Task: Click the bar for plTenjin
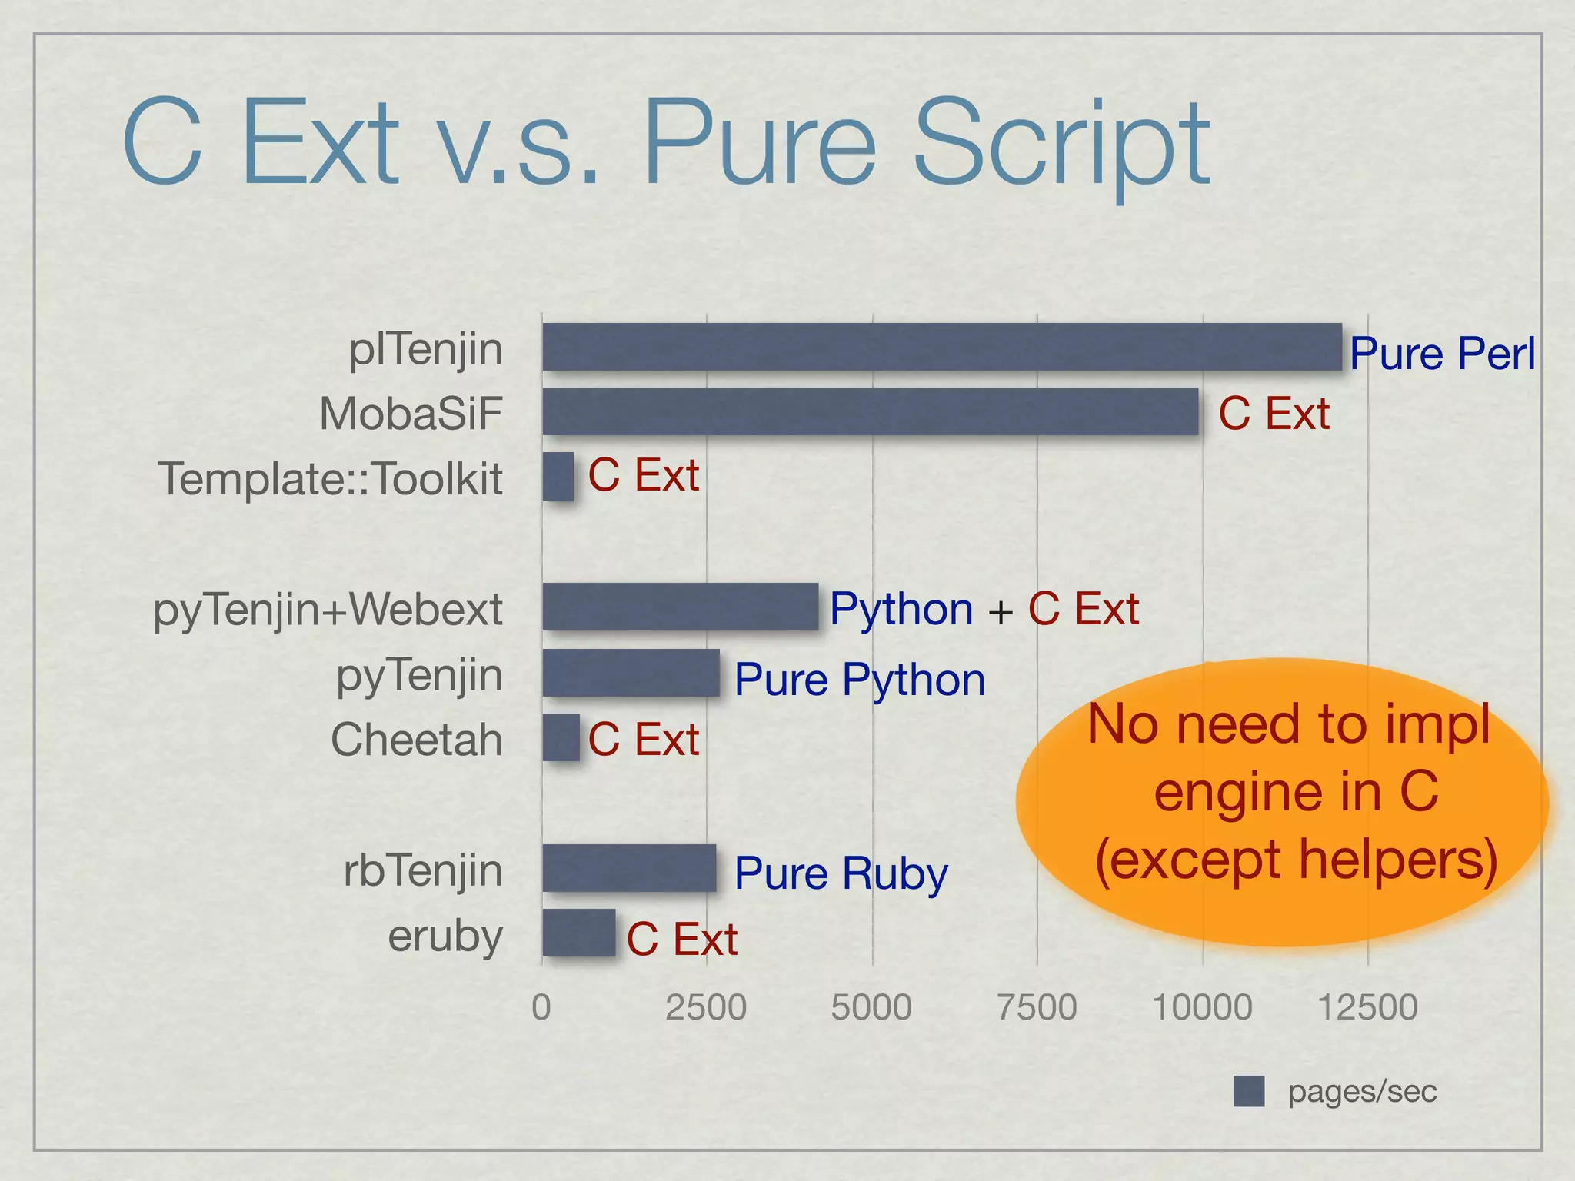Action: pos(941,347)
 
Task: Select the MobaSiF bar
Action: pos(870,411)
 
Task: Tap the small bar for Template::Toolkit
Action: pos(558,477)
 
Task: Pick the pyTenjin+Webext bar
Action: pos(680,607)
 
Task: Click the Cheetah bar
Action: pos(561,737)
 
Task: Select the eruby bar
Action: pos(578,933)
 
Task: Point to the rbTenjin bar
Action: pos(629,868)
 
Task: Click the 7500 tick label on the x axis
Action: pos(1037,1007)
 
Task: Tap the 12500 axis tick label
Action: pos(1367,1007)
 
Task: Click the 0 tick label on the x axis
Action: pos(541,1007)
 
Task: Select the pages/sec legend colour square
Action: pos(1248,1091)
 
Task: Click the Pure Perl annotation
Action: pos(1442,354)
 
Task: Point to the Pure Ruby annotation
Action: pos(841,873)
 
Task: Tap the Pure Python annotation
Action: pos(859,680)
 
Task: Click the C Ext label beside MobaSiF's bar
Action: pos(1274,414)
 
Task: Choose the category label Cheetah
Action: pos(416,740)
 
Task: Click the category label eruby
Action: pos(445,936)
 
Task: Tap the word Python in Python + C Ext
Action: pos(901,610)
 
